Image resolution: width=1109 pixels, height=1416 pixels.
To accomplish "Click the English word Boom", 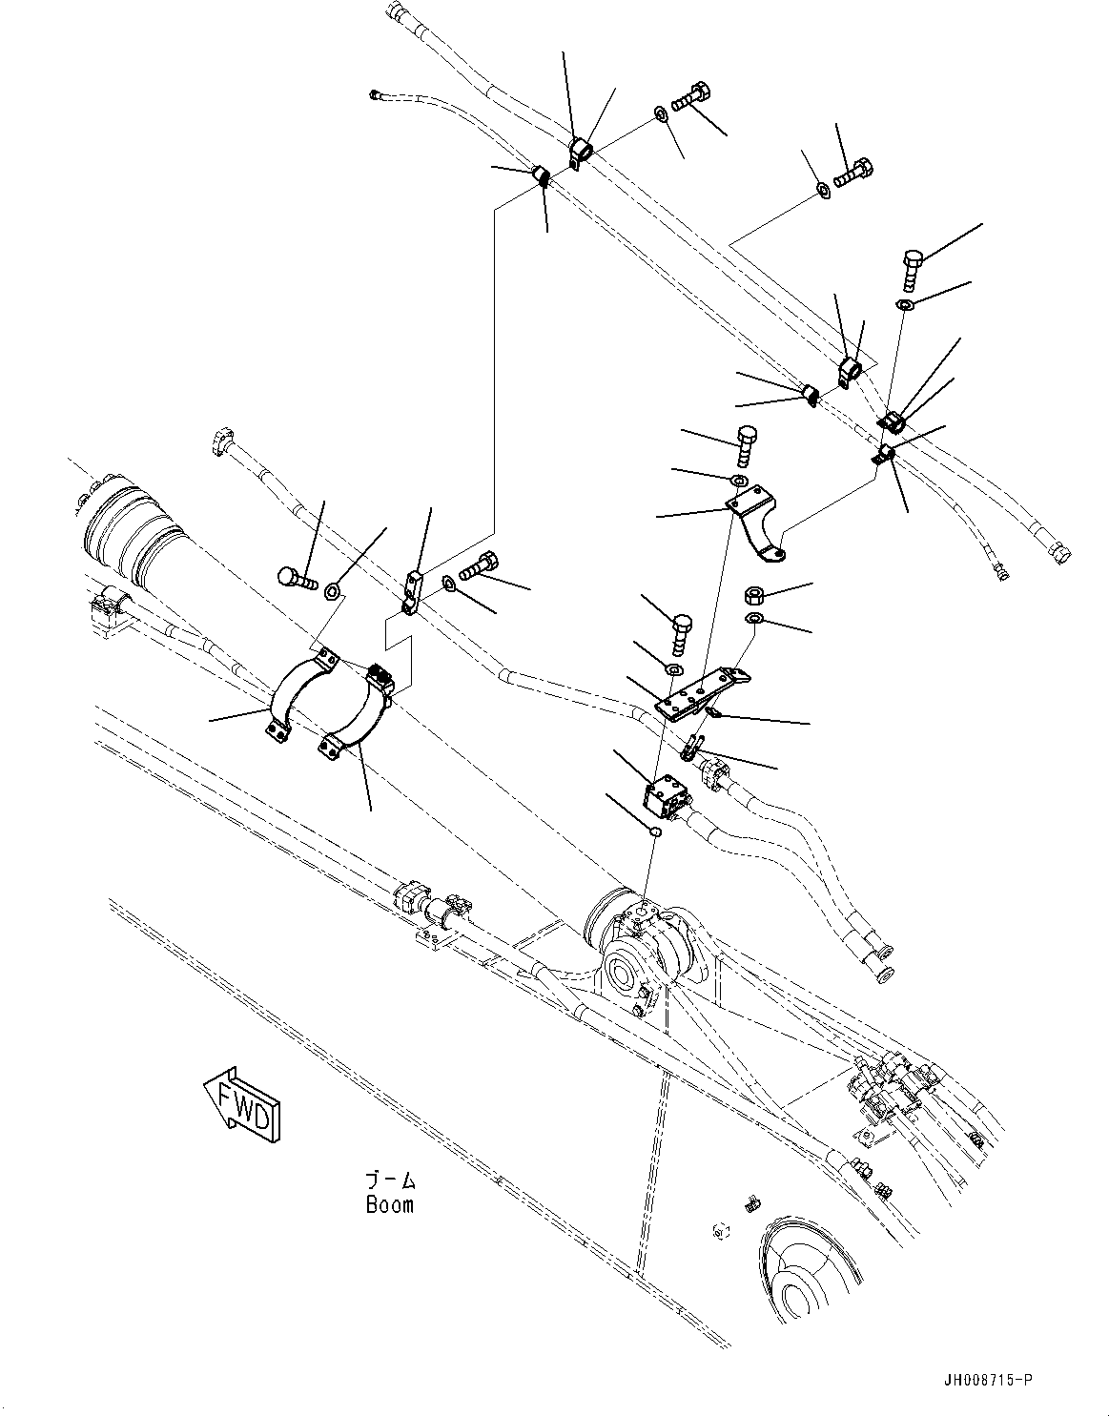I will pyautogui.click(x=390, y=1204).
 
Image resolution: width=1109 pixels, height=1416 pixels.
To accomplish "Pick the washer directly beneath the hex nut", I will pyautogui.click(x=753, y=621).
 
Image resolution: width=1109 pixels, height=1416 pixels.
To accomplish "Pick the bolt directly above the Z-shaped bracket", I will pyautogui.click(x=746, y=440).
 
